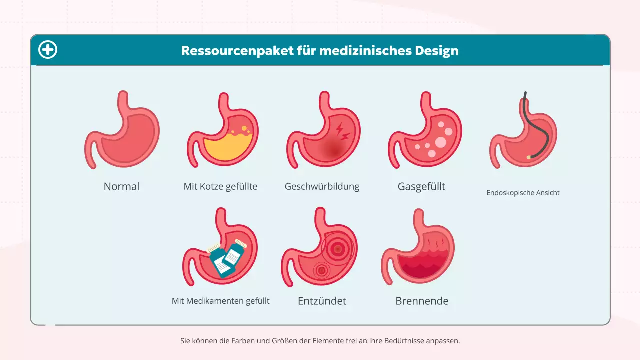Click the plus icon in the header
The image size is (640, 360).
(x=48, y=50)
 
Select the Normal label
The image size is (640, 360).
(x=121, y=187)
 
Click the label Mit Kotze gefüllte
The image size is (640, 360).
(x=220, y=187)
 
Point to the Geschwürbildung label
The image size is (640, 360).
(x=322, y=187)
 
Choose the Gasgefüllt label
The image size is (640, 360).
(x=421, y=187)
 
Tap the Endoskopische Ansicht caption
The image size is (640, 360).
(x=523, y=193)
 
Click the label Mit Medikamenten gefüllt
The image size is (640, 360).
(x=220, y=301)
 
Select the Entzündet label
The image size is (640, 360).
(x=322, y=301)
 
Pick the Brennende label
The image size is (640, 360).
(x=422, y=301)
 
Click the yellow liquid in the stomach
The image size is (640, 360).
(x=225, y=147)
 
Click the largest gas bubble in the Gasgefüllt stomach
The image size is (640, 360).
(x=440, y=142)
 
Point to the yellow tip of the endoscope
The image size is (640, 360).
(x=529, y=157)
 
